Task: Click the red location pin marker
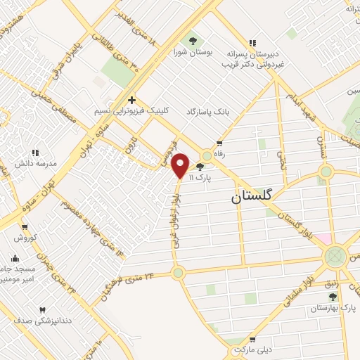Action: click(x=181, y=165)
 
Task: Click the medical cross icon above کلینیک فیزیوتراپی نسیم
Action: click(x=131, y=101)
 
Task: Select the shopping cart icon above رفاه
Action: click(x=219, y=144)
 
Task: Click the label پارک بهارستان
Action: click(x=334, y=309)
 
